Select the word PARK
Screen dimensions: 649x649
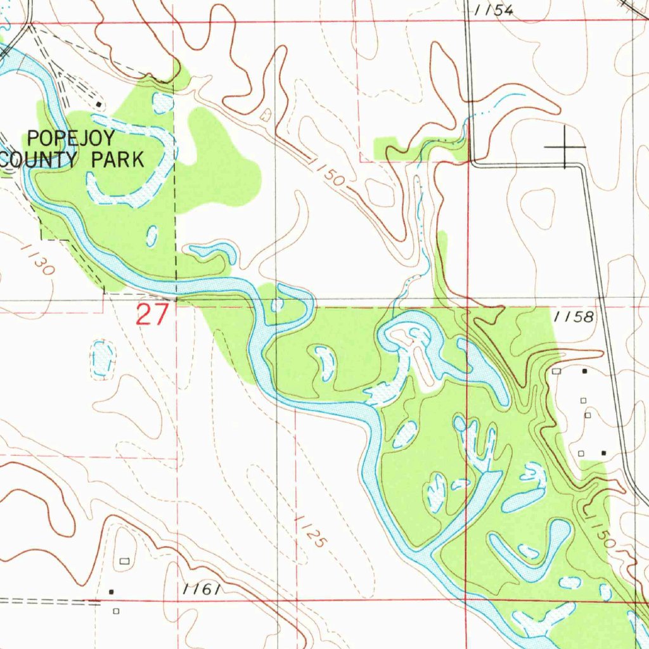[118, 160]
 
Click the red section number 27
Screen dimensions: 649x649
[152, 314]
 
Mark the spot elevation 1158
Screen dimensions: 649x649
[572, 318]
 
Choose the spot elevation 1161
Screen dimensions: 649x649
[202, 589]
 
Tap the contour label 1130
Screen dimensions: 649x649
[36, 260]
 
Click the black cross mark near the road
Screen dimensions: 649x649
[565, 147]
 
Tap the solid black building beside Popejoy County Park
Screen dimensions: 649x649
[99, 104]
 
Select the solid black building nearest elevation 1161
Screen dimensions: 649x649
[112, 591]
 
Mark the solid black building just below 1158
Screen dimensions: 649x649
[584, 371]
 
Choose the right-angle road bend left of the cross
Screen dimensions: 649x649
[472, 164]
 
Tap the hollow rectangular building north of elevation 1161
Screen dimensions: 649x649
[124, 561]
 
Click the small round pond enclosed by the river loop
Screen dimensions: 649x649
[277, 305]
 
